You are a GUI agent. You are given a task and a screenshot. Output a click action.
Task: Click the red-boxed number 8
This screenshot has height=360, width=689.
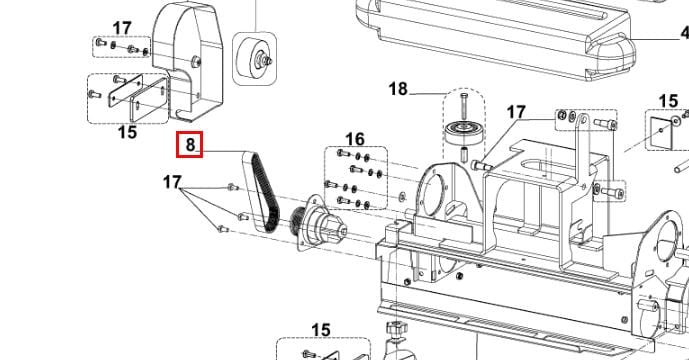(x=190, y=144)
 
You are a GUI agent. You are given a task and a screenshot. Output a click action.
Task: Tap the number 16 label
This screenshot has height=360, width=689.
(x=355, y=139)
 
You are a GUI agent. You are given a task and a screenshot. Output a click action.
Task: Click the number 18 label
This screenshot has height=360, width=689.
(x=398, y=89)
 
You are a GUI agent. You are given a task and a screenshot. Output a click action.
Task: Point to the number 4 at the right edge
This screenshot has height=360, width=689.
(x=685, y=33)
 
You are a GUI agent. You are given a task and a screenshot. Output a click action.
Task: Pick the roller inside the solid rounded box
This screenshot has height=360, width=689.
(x=255, y=58)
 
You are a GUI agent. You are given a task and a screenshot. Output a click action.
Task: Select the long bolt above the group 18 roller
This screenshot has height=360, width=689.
(x=464, y=105)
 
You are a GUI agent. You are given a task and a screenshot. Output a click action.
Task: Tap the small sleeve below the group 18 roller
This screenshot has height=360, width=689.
(x=465, y=155)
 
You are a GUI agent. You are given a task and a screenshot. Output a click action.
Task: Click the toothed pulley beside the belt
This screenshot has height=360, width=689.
(x=298, y=223)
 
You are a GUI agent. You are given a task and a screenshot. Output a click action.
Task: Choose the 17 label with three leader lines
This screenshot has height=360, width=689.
(x=172, y=182)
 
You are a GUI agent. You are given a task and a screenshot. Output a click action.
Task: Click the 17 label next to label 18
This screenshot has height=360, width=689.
(x=516, y=112)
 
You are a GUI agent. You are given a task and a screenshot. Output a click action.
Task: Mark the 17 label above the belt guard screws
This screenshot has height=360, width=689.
(x=122, y=29)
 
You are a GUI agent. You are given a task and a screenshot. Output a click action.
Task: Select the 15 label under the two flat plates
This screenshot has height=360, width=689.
(x=127, y=132)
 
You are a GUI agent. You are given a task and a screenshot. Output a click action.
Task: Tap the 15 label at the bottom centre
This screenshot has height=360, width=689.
(x=321, y=330)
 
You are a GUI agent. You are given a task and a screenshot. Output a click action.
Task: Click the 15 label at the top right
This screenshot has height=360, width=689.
(x=668, y=101)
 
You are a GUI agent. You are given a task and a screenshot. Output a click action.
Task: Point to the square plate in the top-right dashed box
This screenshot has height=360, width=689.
(x=661, y=133)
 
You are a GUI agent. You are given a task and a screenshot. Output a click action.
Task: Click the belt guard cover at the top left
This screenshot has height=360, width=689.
(x=188, y=62)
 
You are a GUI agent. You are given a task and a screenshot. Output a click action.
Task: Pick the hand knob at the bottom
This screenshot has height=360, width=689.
(x=396, y=327)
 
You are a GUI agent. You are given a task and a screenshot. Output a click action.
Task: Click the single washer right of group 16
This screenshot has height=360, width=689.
(x=403, y=194)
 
